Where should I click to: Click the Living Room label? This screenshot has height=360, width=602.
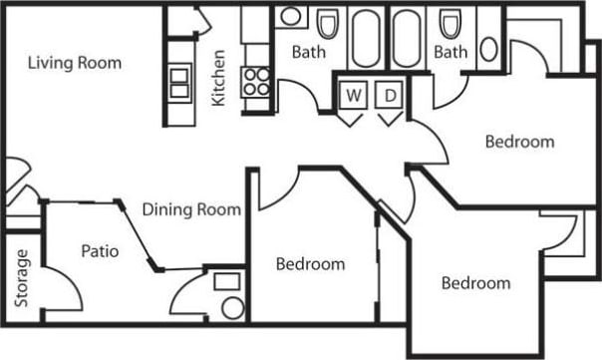point(75,63)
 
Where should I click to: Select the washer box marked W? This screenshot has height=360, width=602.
point(353,96)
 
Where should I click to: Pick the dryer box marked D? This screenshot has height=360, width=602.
point(391,96)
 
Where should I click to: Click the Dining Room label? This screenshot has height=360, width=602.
point(191,209)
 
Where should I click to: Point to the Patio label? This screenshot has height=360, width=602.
point(100,251)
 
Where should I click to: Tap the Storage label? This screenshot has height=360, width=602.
point(22,283)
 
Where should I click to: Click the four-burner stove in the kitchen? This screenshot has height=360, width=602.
point(256,81)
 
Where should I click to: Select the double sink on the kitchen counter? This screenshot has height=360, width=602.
point(178,81)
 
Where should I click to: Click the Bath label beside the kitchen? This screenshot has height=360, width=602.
point(309,52)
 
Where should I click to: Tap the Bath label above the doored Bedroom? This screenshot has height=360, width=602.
point(451,52)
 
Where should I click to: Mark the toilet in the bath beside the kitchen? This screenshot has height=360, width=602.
point(328,24)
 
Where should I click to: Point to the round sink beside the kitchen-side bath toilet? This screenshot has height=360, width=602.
point(289,17)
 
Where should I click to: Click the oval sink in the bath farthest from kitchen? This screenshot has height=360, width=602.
point(489,49)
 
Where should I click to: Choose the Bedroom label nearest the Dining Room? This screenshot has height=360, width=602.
point(310,264)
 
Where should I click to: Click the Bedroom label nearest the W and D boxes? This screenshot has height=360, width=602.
point(519,142)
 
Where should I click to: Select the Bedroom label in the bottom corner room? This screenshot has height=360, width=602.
point(475,283)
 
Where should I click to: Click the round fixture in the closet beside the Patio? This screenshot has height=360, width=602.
point(232,306)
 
